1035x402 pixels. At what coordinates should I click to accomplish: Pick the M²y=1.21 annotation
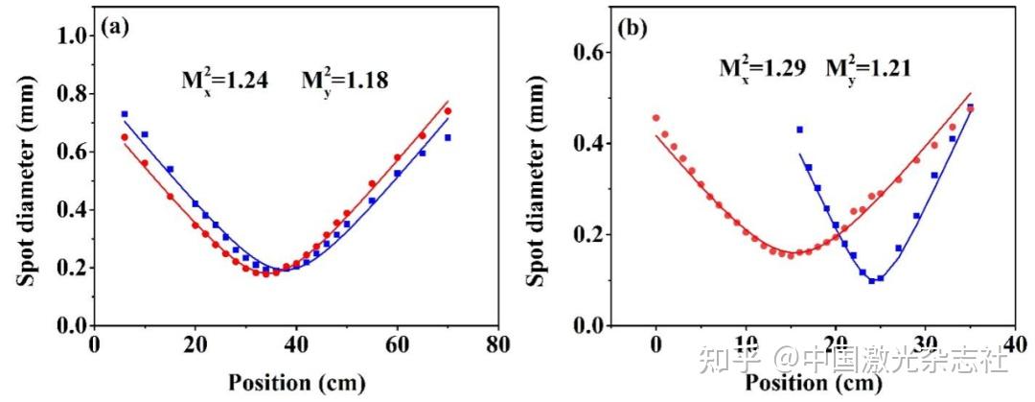click(867, 67)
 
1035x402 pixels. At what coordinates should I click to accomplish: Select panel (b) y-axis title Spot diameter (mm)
click(540, 180)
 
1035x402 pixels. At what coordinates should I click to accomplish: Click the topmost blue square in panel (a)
click(125, 114)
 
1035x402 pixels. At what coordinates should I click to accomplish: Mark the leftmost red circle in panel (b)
click(655, 118)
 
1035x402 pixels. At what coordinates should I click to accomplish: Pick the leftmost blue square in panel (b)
click(799, 130)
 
